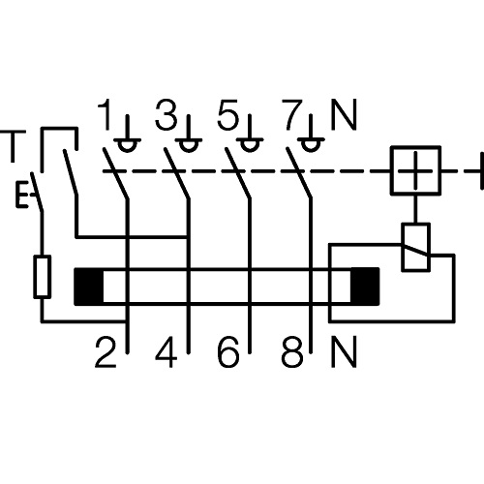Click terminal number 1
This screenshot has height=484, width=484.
[x=106, y=114]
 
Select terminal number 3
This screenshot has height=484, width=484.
[x=166, y=114]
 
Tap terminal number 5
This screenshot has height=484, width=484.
[x=227, y=114]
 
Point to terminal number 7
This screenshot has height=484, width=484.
[x=292, y=114]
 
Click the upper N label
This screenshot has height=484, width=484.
[x=344, y=114]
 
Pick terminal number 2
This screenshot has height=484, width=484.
[x=106, y=352]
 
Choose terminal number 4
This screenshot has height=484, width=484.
[x=166, y=352]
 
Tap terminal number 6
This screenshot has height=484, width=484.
[x=228, y=352]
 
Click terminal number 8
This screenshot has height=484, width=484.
[x=292, y=352]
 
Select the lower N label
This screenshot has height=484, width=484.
[x=344, y=352]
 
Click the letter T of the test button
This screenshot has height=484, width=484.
[x=13, y=146]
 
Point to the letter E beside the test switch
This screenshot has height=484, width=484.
[x=21, y=195]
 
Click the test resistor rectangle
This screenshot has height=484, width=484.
[x=43, y=276]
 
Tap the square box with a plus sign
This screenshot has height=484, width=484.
[x=415, y=170]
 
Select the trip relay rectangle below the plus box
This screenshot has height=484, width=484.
[x=415, y=247]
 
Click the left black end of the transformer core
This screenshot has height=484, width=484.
[x=89, y=287]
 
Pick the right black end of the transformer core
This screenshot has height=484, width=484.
[x=365, y=287]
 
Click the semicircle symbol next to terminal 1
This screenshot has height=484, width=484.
[x=127, y=145]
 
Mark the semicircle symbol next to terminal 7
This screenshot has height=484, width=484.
[x=311, y=145]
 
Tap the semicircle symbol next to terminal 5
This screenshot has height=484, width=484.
[x=250, y=145]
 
